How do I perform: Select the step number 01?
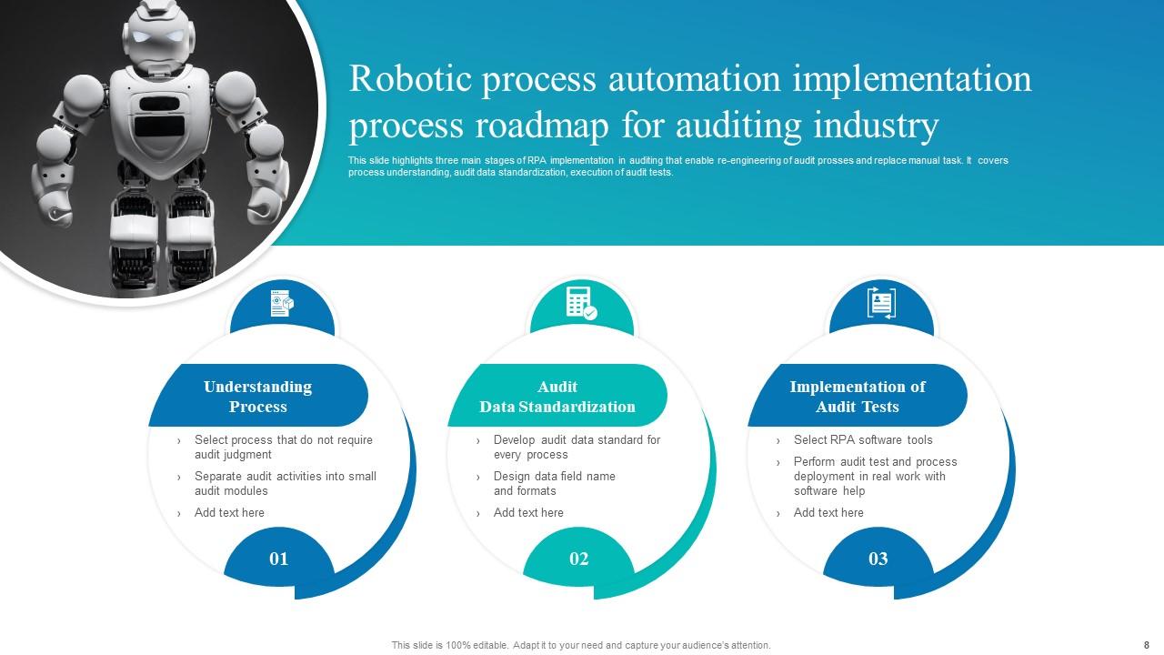(x=279, y=559)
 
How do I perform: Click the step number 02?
(x=579, y=559)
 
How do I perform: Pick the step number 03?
(x=878, y=559)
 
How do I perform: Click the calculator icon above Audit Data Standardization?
(x=581, y=303)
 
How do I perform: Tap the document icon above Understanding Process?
(x=282, y=304)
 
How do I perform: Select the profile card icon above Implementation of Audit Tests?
(x=881, y=303)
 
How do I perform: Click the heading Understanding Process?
(x=257, y=397)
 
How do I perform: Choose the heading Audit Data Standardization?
(x=557, y=397)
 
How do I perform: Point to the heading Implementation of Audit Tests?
(x=858, y=397)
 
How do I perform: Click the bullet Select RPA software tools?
(x=863, y=439)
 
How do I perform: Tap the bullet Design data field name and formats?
(x=555, y=483)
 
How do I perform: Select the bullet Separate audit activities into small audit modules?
(x=286, y=483)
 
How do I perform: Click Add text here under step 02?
(x=528, y=512)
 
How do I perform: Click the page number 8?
(x=1147, y=645)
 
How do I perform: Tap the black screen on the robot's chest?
(x=159, y=126)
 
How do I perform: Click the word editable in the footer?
(x=489, y=645)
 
